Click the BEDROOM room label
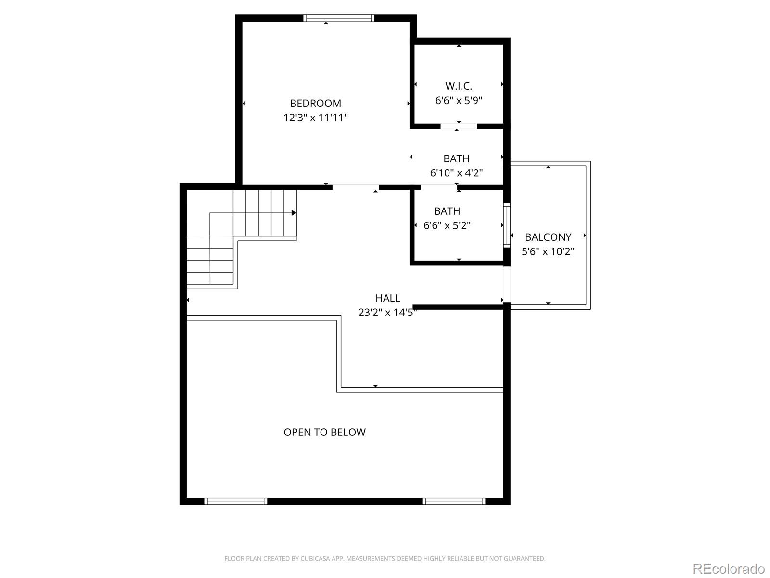pos(315,103)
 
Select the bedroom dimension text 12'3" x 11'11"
pos(315,117)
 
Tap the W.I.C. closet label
pos(459,86)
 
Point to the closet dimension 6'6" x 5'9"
pos(459,100)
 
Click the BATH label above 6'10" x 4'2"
pos(456,158)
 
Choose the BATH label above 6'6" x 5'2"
pos(447,211)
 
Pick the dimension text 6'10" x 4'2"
pos(456,172)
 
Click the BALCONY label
pos(548,237)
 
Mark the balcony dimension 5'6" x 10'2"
pos(548,251)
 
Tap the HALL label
pos(387,298)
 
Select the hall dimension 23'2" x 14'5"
pos(387,312)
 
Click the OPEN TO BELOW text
pos(324,432)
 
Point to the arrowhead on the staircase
pos(294,213)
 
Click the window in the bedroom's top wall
pos(338,18)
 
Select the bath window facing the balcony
pos(507,225)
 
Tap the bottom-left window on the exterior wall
pos(235,501)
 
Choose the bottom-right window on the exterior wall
pos(454,501)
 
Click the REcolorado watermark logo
pos(728,568)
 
